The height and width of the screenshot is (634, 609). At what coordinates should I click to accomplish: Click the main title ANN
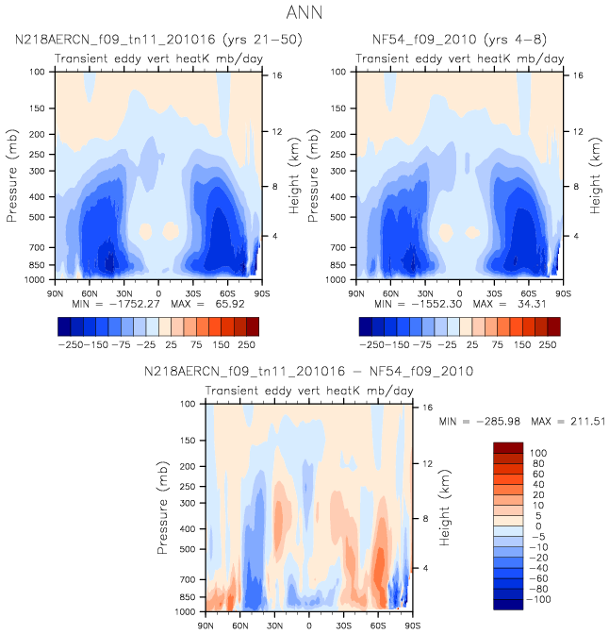click(x=304, y=12)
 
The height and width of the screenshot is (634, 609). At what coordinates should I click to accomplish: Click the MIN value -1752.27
click(x=135, y=304)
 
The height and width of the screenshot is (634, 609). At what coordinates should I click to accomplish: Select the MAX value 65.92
click(x=230, y=304)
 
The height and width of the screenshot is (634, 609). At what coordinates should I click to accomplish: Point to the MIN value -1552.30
click(x=436, y=304)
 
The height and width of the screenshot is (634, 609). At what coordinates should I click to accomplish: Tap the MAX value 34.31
click(x=532, y=304)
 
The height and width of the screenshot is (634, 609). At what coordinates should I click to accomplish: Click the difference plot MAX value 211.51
click(x=588, y=422)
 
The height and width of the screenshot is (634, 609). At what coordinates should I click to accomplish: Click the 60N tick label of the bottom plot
click(x=240, y=626)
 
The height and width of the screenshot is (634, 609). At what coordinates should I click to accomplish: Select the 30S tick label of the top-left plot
click(x=193, y=293)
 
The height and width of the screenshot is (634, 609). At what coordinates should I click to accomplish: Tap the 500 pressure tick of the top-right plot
click(x=338, y=217)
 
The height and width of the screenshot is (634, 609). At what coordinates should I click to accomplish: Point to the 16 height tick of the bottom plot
click(x=428, y=408)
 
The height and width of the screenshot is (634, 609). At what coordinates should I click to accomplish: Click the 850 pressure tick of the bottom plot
click(x=188, y=597)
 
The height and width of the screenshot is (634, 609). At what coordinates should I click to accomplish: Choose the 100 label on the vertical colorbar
click(x=538, y=453)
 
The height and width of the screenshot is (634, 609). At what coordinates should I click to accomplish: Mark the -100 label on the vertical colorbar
click(x=538, y=599)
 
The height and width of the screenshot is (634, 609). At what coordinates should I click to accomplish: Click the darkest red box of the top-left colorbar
click(x=253, y=326)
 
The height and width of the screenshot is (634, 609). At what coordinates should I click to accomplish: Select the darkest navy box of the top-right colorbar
click(x=366, y=326)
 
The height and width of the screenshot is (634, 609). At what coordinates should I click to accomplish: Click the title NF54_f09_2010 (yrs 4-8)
click(x=459, y=40)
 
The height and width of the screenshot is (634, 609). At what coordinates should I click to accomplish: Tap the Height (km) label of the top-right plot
click(x=595, y=175)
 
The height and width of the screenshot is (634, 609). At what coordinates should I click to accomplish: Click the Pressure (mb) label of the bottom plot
click(x=162, y=508)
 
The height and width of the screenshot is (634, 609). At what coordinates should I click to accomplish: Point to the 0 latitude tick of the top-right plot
click(x=459, y=293)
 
